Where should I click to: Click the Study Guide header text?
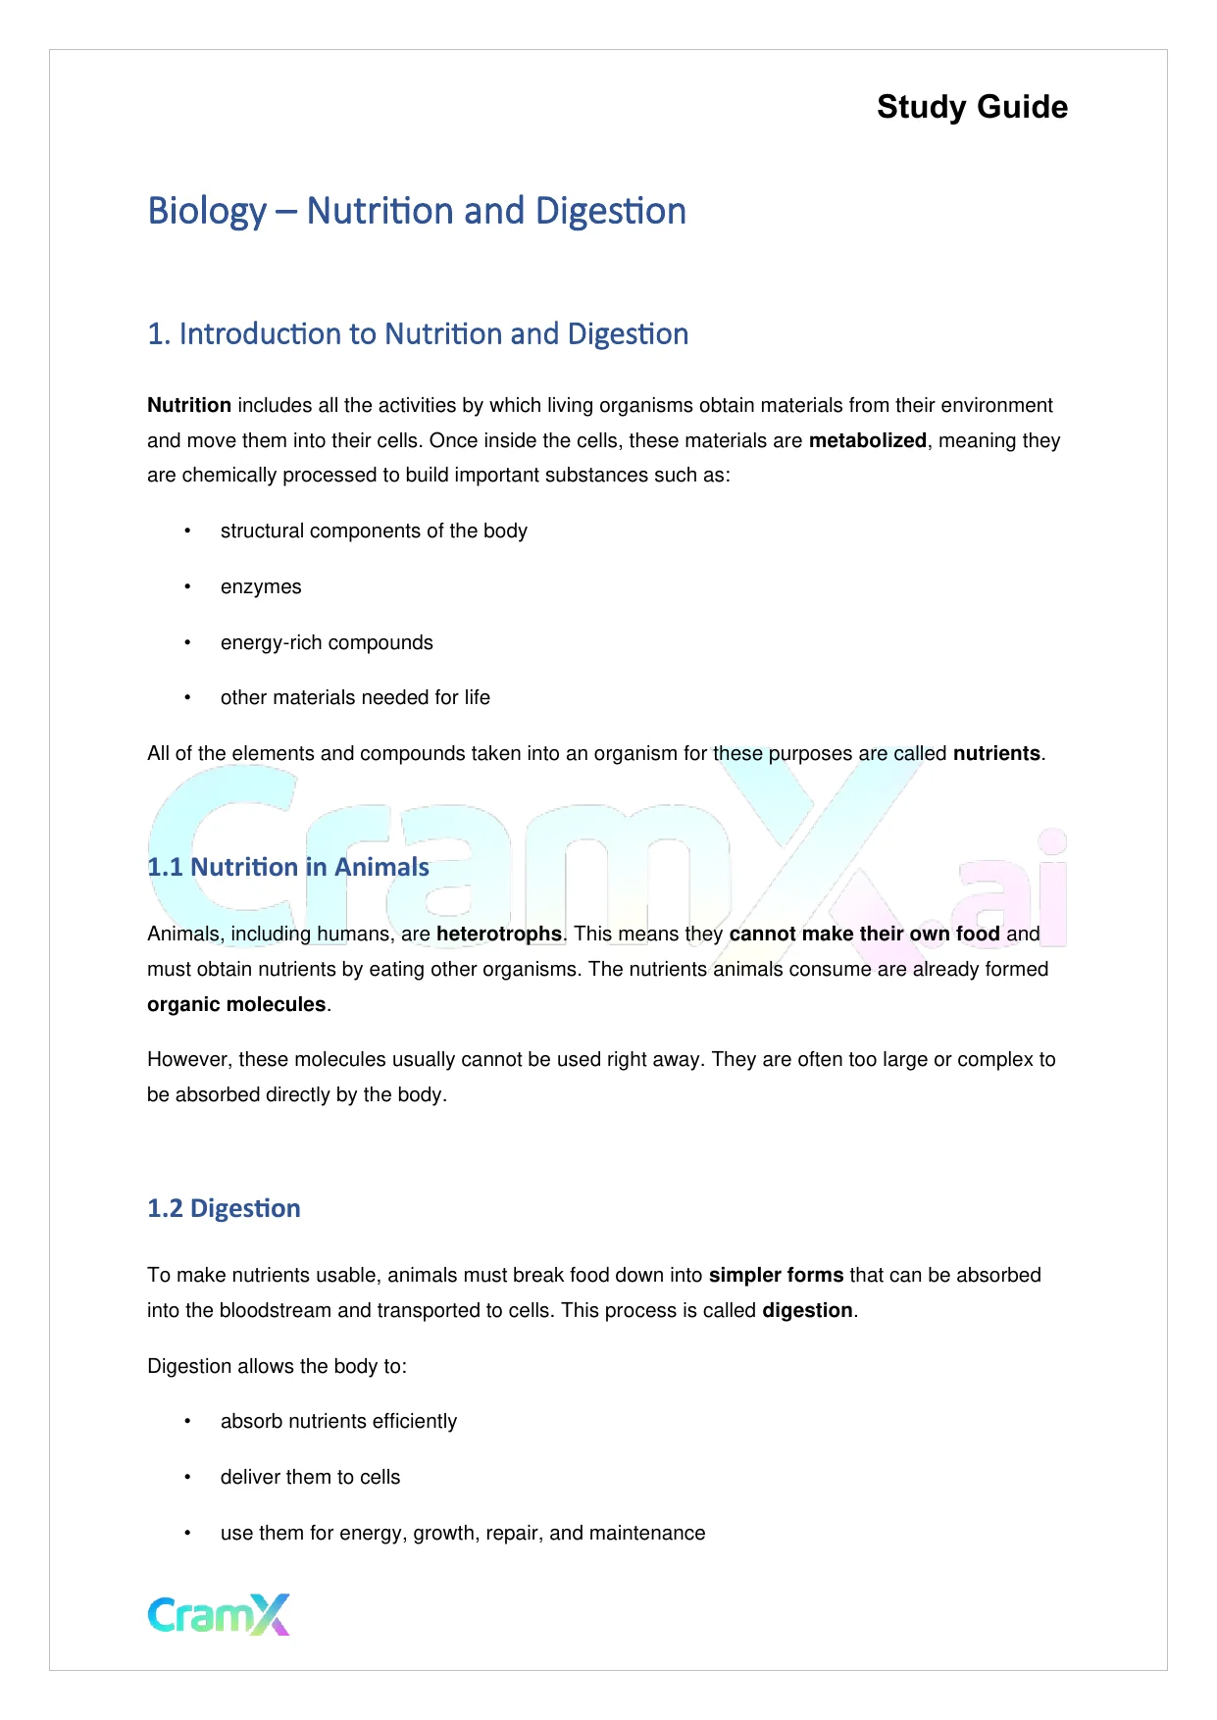point(972,107)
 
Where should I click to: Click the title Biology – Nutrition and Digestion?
point(417,211)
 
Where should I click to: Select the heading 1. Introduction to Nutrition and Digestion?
point(418,334)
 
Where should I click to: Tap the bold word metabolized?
point(867,440)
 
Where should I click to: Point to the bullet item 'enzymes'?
point(261,586)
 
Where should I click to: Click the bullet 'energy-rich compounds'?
point(327,642)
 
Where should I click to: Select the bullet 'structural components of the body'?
point(374,531)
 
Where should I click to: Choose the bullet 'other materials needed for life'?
point(355,697)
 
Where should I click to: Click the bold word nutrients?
point(996,753)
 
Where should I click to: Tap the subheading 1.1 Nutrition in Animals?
point(288,867)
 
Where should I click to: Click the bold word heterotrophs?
point(499,934)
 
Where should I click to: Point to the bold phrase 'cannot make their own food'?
point(864,934)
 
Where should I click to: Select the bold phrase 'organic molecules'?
point(236,1004)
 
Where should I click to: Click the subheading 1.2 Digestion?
point(224,1208)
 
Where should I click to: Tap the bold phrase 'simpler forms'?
point(776,1275)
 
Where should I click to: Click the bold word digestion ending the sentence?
point(807,1310)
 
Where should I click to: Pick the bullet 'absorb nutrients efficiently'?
point(338,1421)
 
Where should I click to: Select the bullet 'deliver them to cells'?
point(310,1477)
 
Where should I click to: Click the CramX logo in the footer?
point(219,1614)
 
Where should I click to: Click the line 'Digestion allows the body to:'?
point(277,1366)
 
